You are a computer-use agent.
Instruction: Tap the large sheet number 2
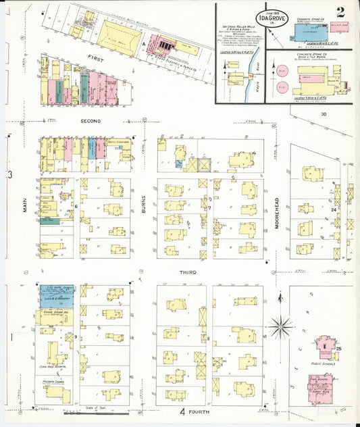tap(340, 12)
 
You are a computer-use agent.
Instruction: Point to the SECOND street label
tap(91, 121)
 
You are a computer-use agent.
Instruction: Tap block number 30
tap(324, 114)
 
